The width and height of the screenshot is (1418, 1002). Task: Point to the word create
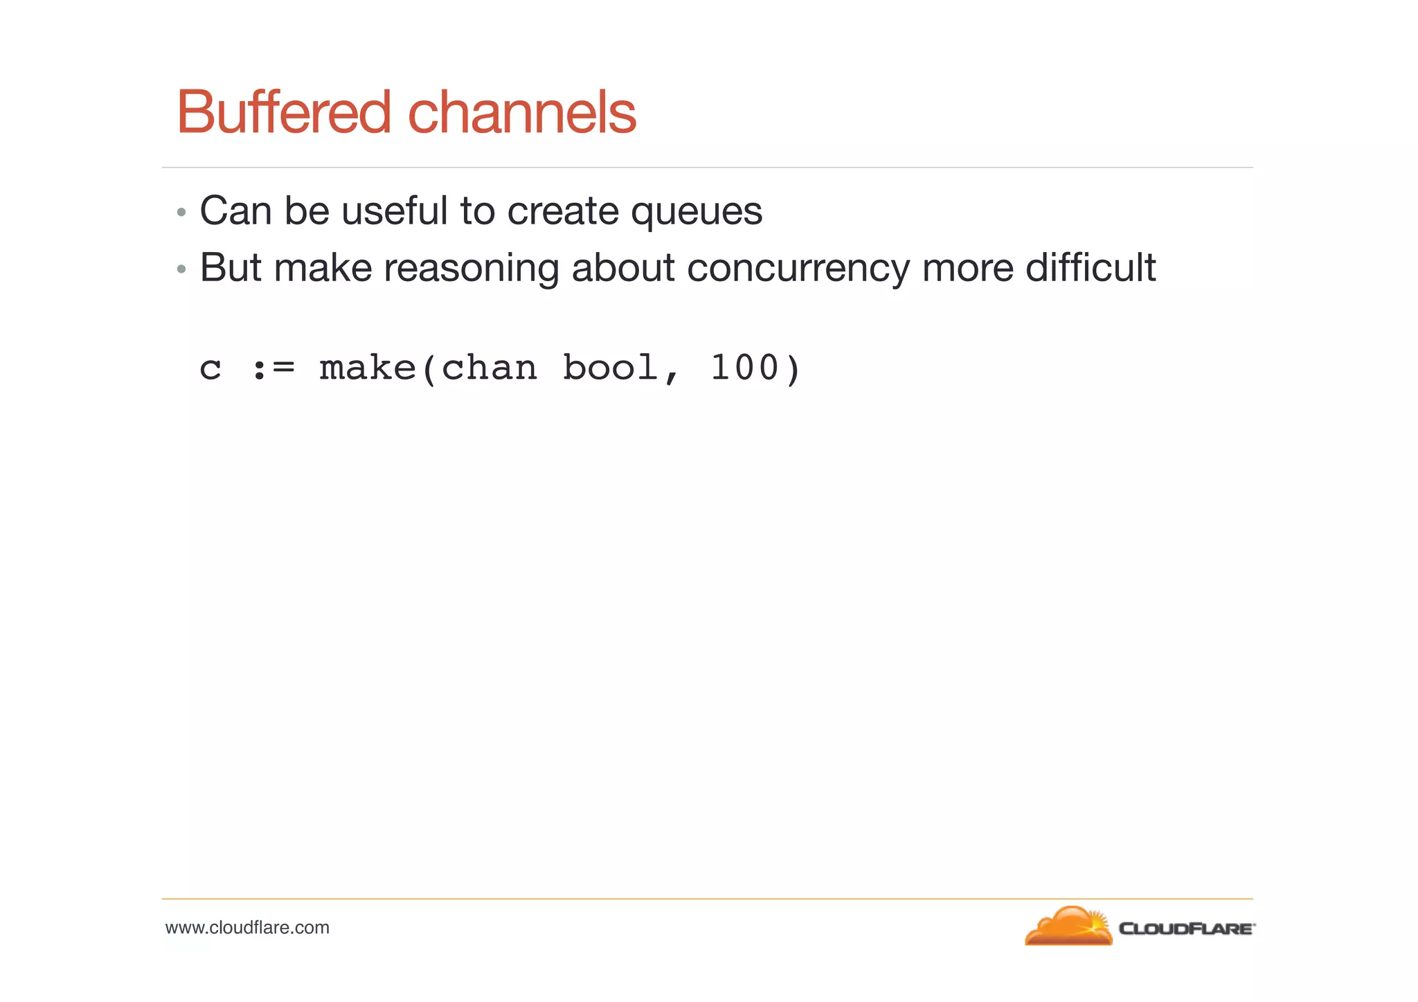coord(562,211)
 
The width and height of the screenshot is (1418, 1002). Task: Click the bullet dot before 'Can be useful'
coord(181,212)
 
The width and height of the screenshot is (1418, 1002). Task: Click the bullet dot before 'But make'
coord(181,269)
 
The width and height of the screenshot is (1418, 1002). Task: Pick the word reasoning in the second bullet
coord(471,269)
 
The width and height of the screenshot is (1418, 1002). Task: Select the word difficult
coord(1091,267)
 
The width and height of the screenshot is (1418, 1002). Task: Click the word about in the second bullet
coord(622,267)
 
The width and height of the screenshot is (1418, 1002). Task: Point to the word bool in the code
coord(609,368)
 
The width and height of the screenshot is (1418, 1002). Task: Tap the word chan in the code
coord(489,368)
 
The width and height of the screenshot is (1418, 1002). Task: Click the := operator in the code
coord(273,369)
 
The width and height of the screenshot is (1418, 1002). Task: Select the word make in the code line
coord(368,368)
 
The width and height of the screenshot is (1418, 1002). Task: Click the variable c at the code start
coord(210,369)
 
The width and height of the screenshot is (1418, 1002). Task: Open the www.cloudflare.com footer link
coord(247,928)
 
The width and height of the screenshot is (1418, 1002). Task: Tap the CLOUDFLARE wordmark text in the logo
coord(1185,929)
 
